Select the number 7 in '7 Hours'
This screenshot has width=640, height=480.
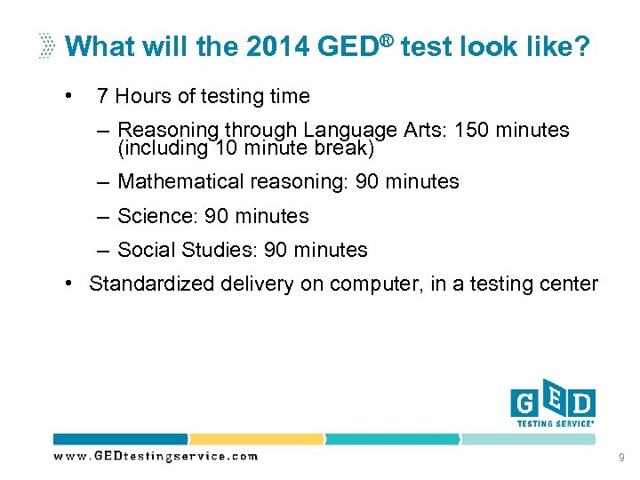point(103,96)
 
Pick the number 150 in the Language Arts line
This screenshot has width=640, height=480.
point(471,130)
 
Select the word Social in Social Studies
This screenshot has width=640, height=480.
point(146,251)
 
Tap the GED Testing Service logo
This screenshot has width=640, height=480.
point(552,407)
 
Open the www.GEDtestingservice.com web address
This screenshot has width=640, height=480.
point(156,456)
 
